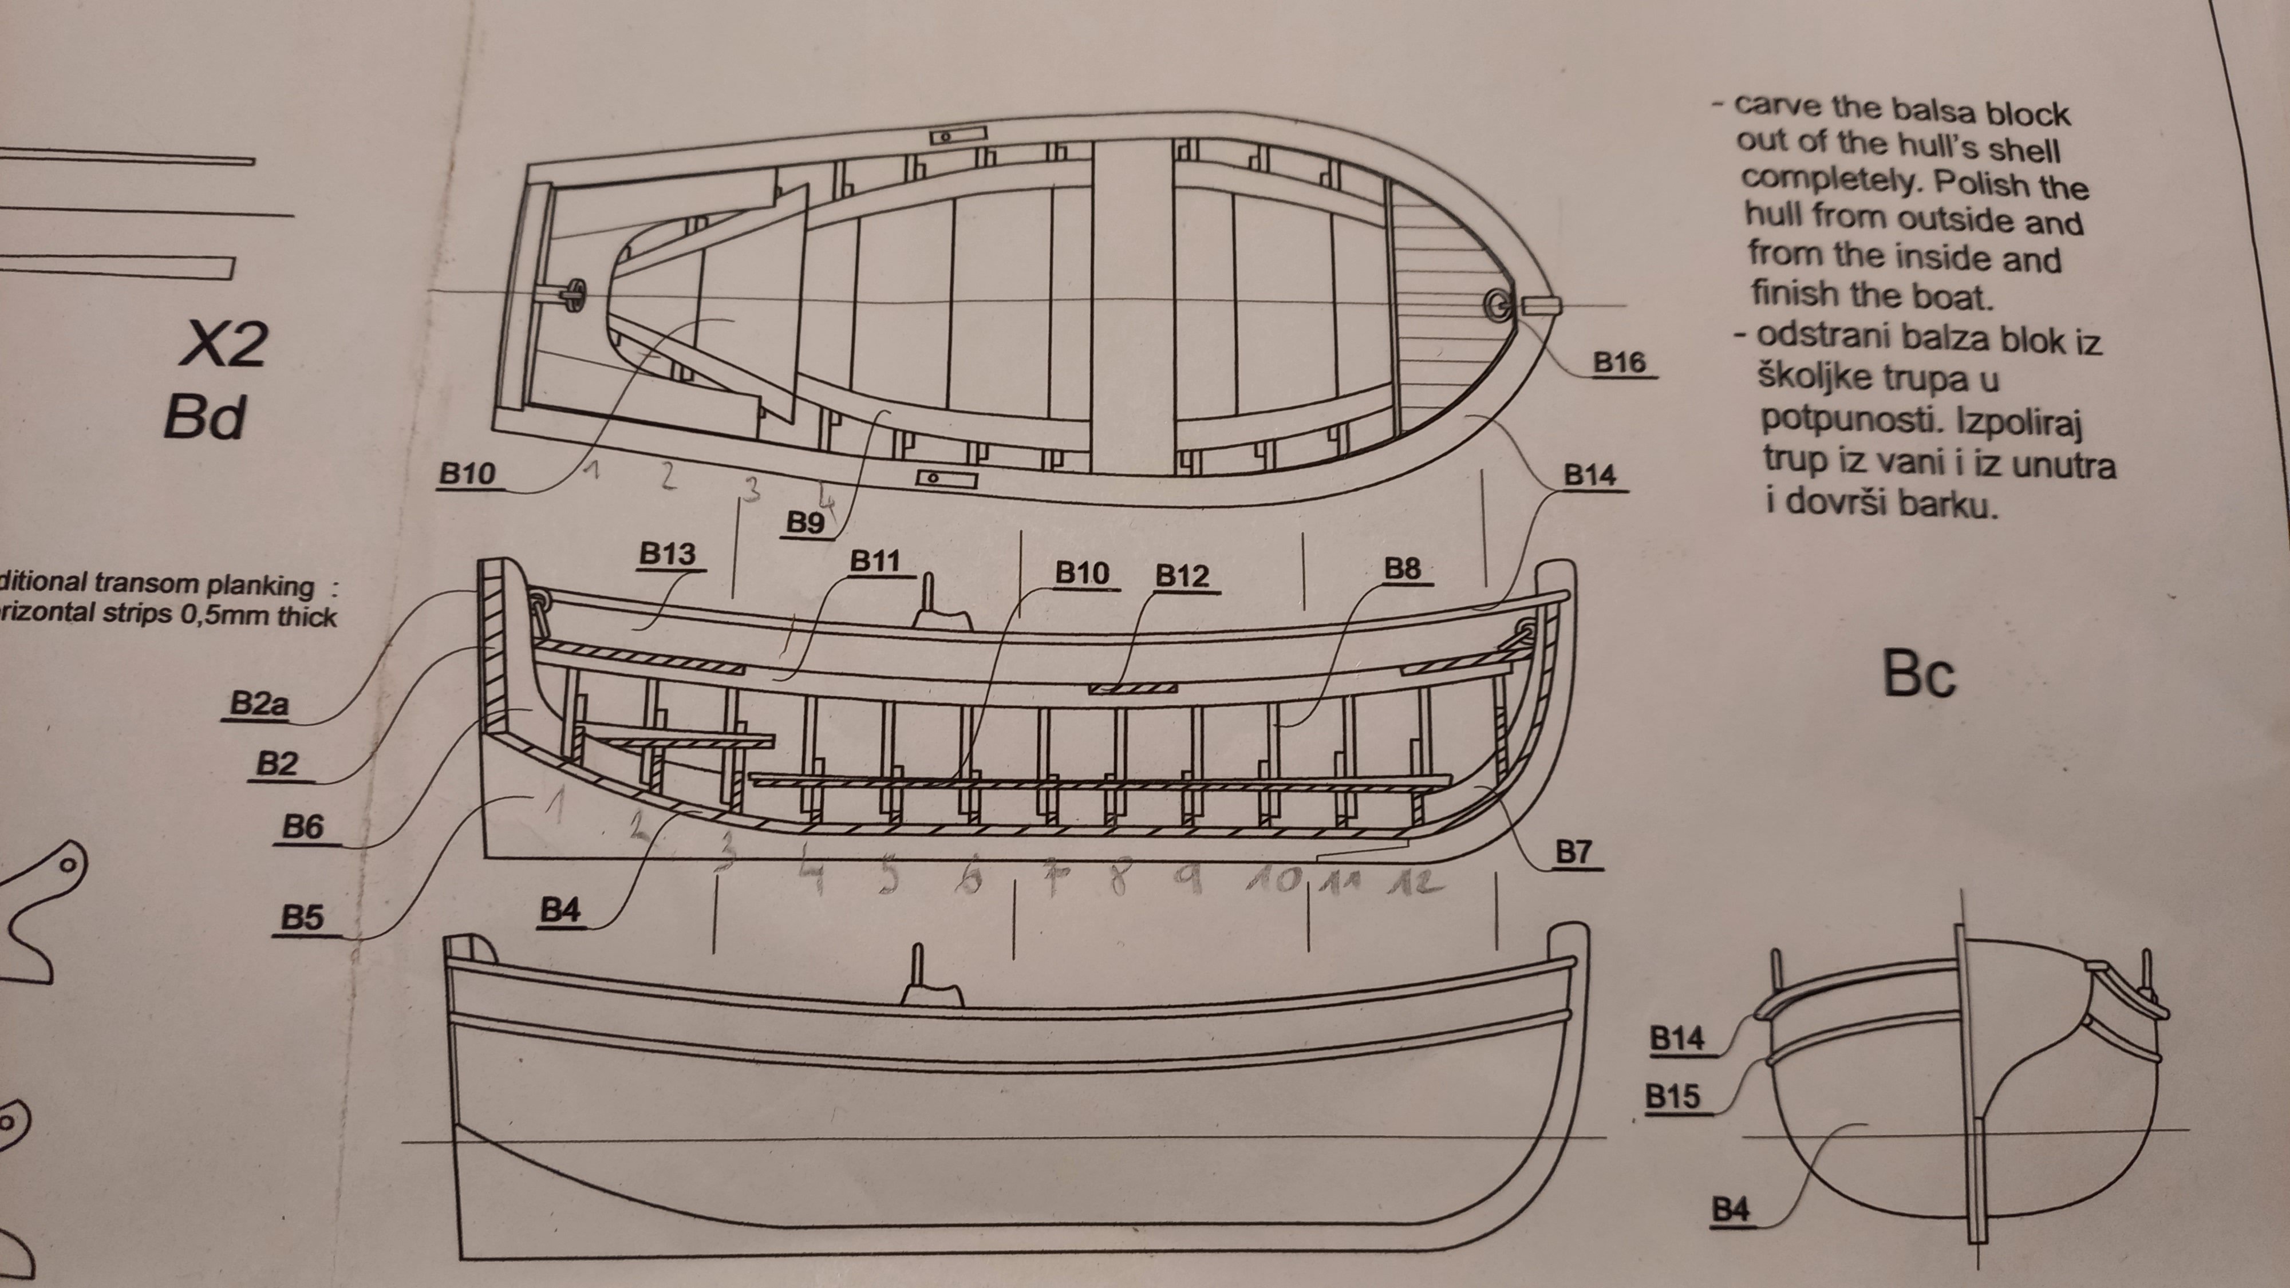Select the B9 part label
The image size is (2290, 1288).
click(806, 523)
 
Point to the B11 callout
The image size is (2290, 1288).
click(876, 561)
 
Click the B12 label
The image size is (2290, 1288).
click(1182, 577)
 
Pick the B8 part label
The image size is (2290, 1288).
click(1403, 569)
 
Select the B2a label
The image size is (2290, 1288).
click(259, 704)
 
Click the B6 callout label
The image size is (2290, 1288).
click(302, 828)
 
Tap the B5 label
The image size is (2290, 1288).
click(302, 917)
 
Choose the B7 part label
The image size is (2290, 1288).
click(1573, 852)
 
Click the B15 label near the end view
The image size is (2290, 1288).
click(1672, 1097)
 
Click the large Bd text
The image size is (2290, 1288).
click(204, 417)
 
